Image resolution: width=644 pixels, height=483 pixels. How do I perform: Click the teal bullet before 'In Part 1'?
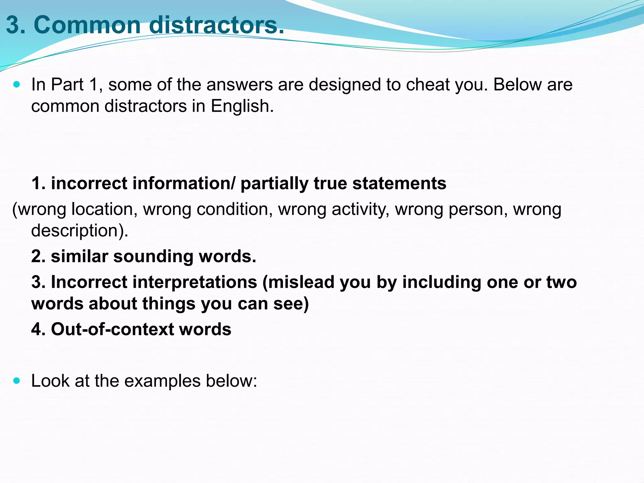pos(17,85)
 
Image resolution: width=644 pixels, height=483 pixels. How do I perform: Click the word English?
pos(242,106)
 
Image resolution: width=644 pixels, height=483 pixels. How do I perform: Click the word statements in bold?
pos(399,183)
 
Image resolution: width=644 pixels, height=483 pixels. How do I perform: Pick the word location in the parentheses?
pos(104,209)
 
